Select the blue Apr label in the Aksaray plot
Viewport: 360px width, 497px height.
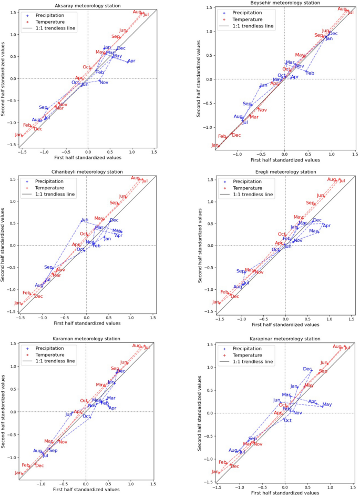pos(131,62)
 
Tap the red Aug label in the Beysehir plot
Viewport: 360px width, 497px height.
pos(342,9)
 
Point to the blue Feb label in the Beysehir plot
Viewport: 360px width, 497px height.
pos(310,73)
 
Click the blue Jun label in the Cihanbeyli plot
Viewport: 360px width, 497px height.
pos(85,219)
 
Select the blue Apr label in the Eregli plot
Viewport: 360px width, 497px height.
pos(326,226)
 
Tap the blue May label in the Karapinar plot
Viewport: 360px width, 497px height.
pos(327,404)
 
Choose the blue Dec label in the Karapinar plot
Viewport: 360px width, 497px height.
pos(307,369)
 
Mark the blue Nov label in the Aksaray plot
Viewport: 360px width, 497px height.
pos(104,83)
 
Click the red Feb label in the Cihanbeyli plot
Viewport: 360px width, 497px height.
pos(27,292)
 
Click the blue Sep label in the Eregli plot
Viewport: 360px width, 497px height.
pos(241,271)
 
